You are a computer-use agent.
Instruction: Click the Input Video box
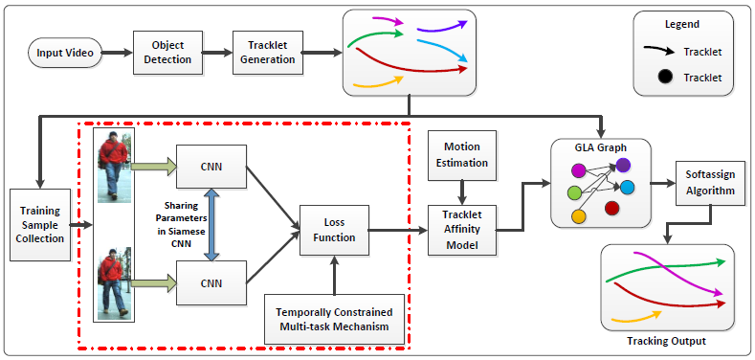[x=66, y=52]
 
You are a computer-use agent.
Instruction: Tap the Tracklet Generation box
[x=268, y=52]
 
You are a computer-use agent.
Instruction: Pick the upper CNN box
[x=211, y=166]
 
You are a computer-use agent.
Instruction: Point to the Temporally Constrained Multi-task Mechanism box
[x=334, y=319]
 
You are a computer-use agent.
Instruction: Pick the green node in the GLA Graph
[x=574, y=193]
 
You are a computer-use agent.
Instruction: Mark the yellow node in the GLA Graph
[x=579, y=216]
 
